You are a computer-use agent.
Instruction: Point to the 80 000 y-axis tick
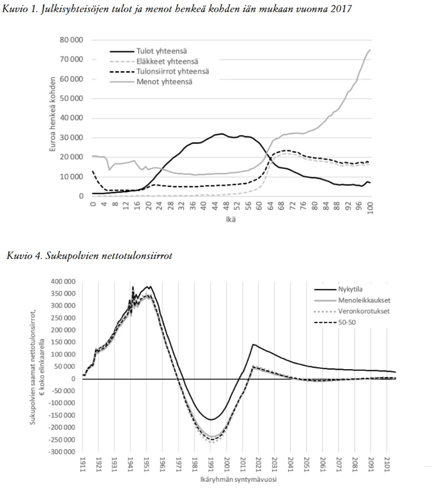coord(71,40)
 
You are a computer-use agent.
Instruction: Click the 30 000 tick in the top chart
coord(71,137)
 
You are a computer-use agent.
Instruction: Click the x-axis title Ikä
coord(231,220)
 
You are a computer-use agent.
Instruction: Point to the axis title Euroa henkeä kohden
coord(52,114)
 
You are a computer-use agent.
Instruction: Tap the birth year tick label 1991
coord(211,464)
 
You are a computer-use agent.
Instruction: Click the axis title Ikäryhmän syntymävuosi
coord(238,480)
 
